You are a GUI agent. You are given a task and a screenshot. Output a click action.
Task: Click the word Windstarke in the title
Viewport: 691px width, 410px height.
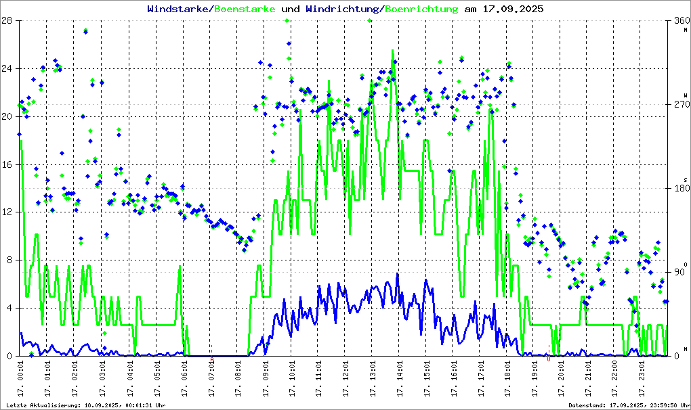tap(179, 9)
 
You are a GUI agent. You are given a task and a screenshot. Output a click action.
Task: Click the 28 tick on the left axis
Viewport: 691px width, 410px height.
tap(7, 20)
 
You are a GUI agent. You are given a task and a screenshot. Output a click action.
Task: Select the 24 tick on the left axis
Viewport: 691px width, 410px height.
tap(7, 68)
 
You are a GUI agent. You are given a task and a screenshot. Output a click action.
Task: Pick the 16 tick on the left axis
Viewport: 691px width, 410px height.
tap(7, 164)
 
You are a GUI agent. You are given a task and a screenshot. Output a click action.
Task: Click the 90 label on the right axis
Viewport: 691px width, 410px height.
tap(680, 272)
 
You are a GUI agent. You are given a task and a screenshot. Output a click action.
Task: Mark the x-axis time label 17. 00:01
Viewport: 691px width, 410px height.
tap(21, 378)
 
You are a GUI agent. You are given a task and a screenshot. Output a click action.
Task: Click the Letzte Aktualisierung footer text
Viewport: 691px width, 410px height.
tap(84, 405)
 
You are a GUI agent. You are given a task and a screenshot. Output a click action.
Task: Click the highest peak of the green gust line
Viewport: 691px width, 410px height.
tap(392, 50)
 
